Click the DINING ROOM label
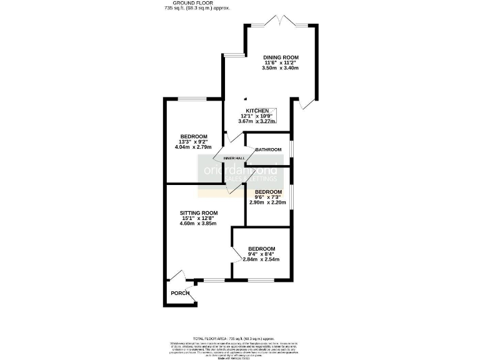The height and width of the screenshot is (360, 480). tap(281, 57)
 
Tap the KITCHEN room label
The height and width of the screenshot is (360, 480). tap(257, 111)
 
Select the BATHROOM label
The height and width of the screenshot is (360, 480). tap(268, 149)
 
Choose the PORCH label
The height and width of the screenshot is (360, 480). tap(180, 293)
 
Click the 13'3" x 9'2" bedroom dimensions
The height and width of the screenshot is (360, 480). tap(194, 142)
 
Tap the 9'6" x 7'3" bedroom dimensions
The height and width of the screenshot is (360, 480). tap(268, 197)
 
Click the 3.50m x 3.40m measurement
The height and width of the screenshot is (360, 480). tap(281, 67)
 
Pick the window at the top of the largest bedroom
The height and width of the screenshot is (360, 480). tap(194, 98)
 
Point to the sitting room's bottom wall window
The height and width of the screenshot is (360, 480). tap(214, 279)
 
